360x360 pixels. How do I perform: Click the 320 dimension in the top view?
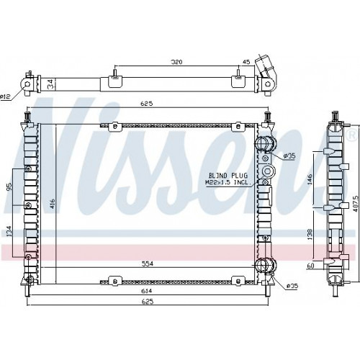176,62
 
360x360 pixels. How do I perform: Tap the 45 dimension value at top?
246,62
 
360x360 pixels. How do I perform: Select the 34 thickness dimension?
50,84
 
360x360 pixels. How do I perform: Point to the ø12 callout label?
5,97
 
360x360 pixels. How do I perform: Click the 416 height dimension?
53,204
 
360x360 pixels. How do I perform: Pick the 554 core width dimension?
148,264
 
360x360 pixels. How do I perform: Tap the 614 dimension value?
147,291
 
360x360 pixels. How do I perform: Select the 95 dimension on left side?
9,186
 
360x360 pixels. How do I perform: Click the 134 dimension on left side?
9,231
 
